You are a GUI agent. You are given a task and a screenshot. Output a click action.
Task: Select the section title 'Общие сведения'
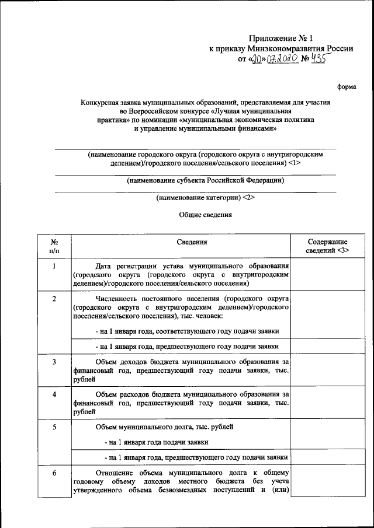tap(205, 214)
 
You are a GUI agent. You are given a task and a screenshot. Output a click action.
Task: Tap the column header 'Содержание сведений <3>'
tap(327, 246)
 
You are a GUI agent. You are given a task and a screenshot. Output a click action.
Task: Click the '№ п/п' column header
tap(54, 246)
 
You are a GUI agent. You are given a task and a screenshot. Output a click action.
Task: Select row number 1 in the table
tap(54, 267)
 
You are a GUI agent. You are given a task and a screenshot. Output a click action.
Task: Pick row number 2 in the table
tap(54, 299)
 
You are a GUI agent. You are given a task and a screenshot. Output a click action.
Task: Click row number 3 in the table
tap(54, 362)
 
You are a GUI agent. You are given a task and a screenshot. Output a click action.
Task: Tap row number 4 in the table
tap(54, 394)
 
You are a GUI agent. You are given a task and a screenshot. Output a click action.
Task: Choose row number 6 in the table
tap(54, 473)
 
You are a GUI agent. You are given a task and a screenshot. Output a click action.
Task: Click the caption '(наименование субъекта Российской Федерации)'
tap(206, 180)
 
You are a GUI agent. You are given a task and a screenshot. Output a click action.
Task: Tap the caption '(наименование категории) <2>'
tap(205, 197)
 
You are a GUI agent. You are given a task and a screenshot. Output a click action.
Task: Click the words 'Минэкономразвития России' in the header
tap(300, 48)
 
